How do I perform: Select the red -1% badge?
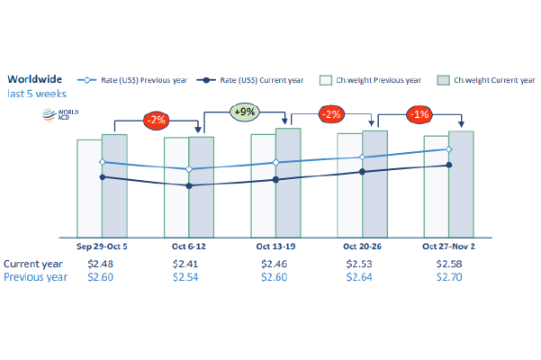tap(419, 115)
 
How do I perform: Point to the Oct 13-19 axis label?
tap(275, 245)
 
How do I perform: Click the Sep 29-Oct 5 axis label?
tap(102, 245)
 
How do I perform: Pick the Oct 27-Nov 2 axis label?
tap(448, 245)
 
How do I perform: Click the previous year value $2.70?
tap(448, 277)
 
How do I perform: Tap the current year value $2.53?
tap(362, 264)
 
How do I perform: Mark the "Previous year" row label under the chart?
tap(36, 277)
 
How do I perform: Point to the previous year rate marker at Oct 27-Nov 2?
tap(448, 149)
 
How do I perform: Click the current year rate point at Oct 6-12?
tap(188, 185)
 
